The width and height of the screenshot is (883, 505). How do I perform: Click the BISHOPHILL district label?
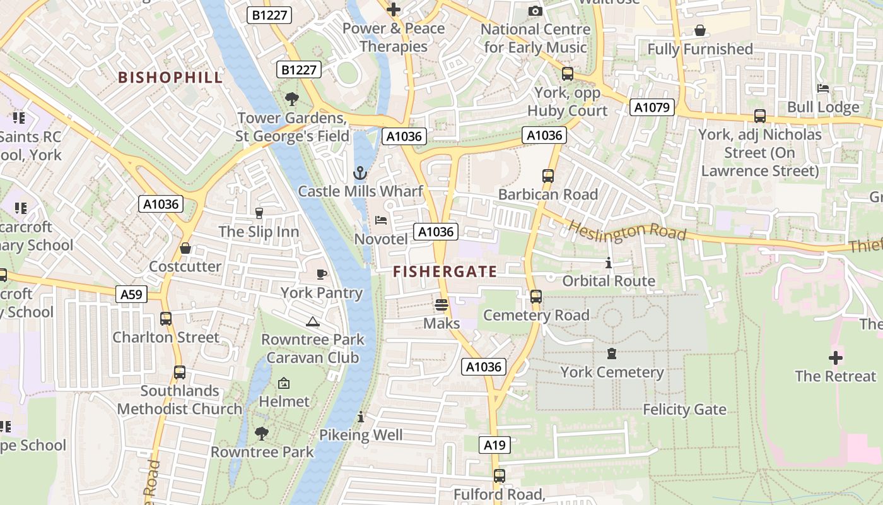pos(170,78)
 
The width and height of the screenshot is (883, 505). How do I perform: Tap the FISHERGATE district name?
pos(445,272)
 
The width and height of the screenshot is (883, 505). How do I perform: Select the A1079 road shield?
pos(652,107)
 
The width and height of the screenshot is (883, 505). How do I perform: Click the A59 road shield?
pos(132,294)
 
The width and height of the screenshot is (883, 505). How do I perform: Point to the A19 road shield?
pos(494,445)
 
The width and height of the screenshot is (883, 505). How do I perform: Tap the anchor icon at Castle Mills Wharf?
pos(360,173)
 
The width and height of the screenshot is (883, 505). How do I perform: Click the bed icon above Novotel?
pos(381,220)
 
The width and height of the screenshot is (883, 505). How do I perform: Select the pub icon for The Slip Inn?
pos(259,213)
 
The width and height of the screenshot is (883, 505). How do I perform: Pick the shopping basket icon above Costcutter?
pos(185,248)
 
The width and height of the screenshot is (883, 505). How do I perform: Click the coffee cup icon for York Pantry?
pos(322,274)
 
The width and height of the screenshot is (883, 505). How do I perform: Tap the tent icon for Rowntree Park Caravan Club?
pos(312,321)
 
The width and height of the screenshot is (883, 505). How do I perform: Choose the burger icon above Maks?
pos(441,305)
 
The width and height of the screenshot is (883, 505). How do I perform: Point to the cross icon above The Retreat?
pos(835,358)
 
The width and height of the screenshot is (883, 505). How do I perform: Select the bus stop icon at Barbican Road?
pos(547,176)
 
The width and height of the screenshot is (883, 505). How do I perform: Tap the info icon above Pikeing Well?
pos(361,417)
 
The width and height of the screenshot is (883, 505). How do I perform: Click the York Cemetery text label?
pos(612,372)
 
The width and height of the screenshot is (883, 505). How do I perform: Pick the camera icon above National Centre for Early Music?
pos(535,11)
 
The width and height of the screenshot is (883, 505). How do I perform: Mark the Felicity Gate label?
pos(684,410)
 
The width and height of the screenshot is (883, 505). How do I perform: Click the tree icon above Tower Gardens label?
pos(291,99)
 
